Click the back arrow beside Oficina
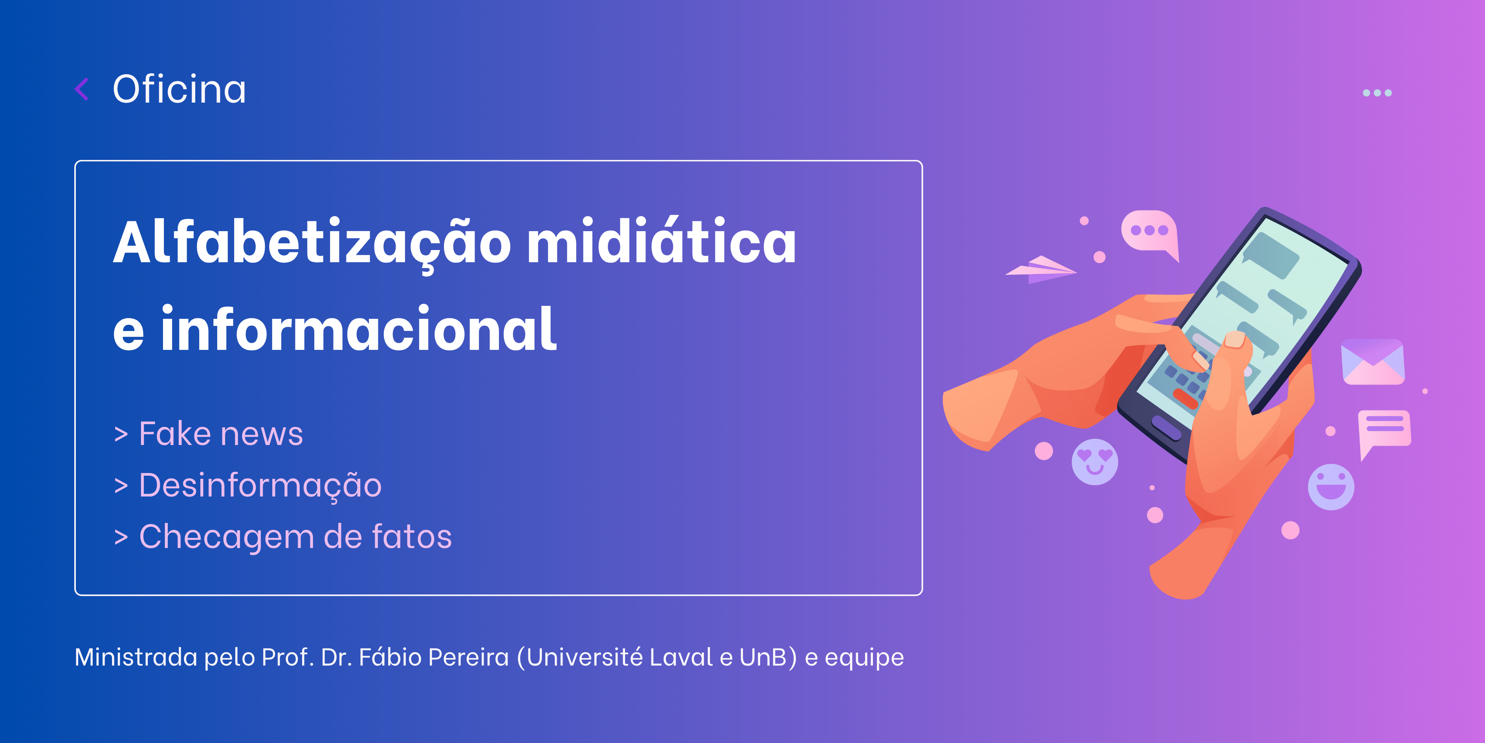coord(82,89)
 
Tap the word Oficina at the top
coord(179,89)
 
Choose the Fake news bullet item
coord(209,433)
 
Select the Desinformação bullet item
coord(248,486)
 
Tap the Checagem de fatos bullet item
coord(283,537)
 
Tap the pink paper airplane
coord(1041,269)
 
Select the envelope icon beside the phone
coord(1373,362)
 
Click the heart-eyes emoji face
coord(1095,462)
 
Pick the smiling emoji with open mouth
coord(1331,487)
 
